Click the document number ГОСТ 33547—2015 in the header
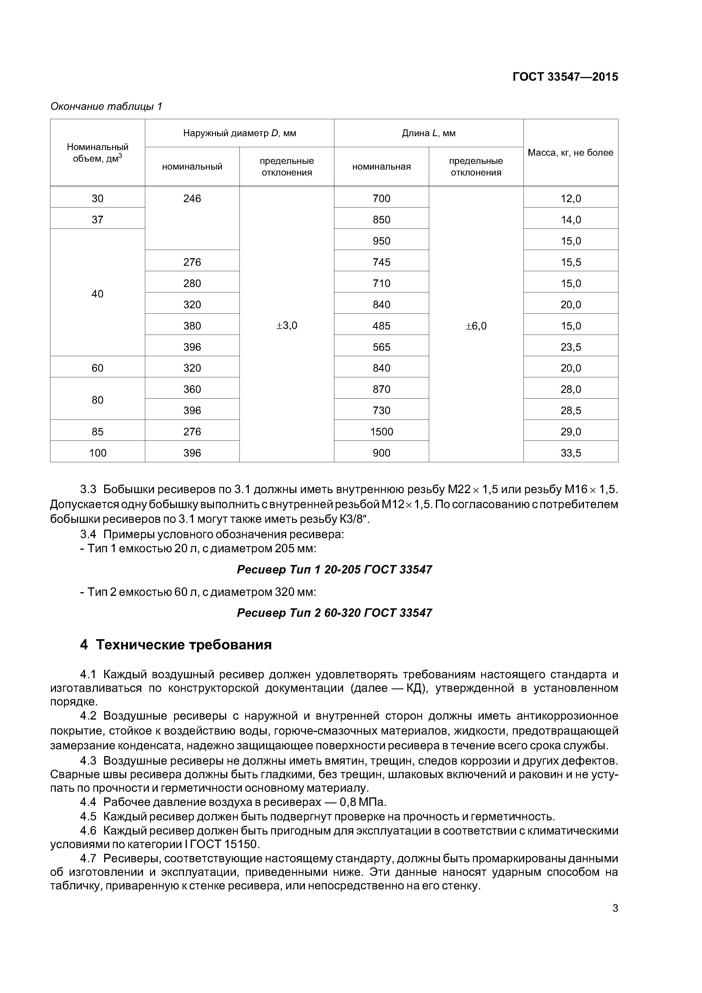(x=565, y=77)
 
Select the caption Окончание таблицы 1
(x=106, y=106)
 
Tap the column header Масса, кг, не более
(x=570, y=153)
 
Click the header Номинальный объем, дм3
(x=97, y=153)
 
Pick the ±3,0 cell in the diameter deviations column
(x=286, y=326)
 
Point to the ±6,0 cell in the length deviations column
(x=476, y=326)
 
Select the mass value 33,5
(x=570, y=453)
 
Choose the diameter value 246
(x=192, y=198)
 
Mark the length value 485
(x=381, y=326)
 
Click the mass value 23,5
(x=570, y=347)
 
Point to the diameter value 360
(x=192, y=389)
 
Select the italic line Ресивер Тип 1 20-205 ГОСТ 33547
(x=334, y=570)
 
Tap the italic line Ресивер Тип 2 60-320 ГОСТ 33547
(x=334, y=613)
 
